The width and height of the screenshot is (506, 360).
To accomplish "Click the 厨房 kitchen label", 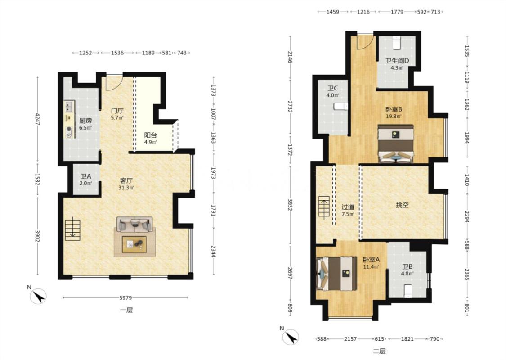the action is (x=85, y=121).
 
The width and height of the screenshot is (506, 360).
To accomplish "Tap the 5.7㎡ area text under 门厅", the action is (x=117, y=118).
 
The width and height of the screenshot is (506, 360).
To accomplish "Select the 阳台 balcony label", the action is (x=150, y=135).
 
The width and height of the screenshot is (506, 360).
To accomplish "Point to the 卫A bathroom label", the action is (x=86, y=176).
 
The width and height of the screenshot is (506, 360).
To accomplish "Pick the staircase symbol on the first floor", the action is (x=72, y=230).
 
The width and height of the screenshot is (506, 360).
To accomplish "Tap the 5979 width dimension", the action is (x=125, y=298).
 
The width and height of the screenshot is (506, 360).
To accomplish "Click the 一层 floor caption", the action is (x=126, y=310).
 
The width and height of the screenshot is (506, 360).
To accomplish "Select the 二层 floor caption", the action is (x=380, y=351).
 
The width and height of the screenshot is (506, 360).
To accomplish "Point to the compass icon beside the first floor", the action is (x=38, y=296).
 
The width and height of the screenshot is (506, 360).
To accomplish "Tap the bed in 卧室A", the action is (x=337, y=274).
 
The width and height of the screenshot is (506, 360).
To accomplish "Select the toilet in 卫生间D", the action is (x=397, y=43).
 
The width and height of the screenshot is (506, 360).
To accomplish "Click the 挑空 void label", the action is (x=403, y=205).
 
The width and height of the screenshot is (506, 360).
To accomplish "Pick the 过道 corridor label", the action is (x=348, y=207).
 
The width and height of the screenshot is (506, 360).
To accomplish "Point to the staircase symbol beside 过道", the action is (x=325, y=208).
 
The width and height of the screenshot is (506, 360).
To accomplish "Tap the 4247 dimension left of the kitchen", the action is (x=38, y=119).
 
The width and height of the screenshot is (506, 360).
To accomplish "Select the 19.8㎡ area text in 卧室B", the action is (x=394, y=116).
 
